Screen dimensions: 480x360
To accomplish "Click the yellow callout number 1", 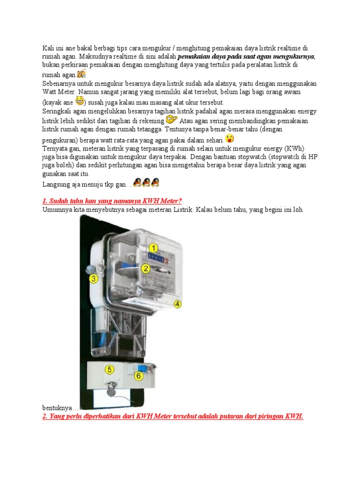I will pyautogui.click(x=154, y=248).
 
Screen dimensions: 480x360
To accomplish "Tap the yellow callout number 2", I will pyautogui.click(x=146, y=269).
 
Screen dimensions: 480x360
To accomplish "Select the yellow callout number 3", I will pyautogui.click(x=94, y=279).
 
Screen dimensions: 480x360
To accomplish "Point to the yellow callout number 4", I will pyautogui.click(x=178, y=304).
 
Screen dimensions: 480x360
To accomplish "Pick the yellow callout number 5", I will pyautogui.click(x=109, y=369).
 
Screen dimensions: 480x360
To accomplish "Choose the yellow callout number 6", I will pyautogui.click(x=139, y=375).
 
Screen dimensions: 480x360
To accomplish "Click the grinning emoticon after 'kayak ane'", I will pyautogui.click(x=80, y=101).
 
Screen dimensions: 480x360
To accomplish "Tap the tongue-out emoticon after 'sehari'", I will pyautogui.click(x=230, y=138).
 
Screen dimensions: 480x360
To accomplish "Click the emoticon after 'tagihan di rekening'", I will pyautogui.click(x=172, y=120).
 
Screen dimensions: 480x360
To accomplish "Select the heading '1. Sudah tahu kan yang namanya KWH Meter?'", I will pyautogui.click(x=112, y=201).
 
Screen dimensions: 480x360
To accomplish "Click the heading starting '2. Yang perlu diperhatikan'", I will pyautogui.click(x=173, y=416).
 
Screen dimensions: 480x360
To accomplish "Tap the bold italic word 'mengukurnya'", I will pyautogui.click(x=292, y=57).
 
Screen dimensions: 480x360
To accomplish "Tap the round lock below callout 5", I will pyautogui.click(x=111, y=389).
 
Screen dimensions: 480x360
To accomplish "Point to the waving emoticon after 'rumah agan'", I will pyautogui.click(x=82, y=74).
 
